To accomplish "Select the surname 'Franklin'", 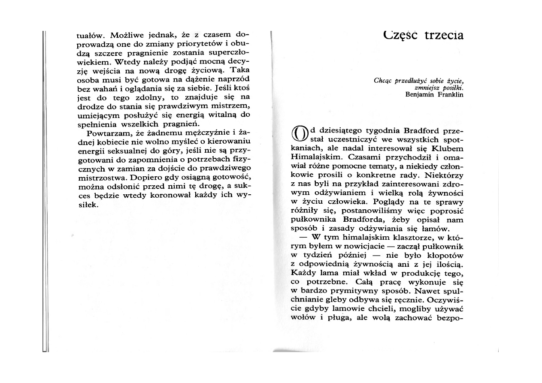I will coord(450,95).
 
